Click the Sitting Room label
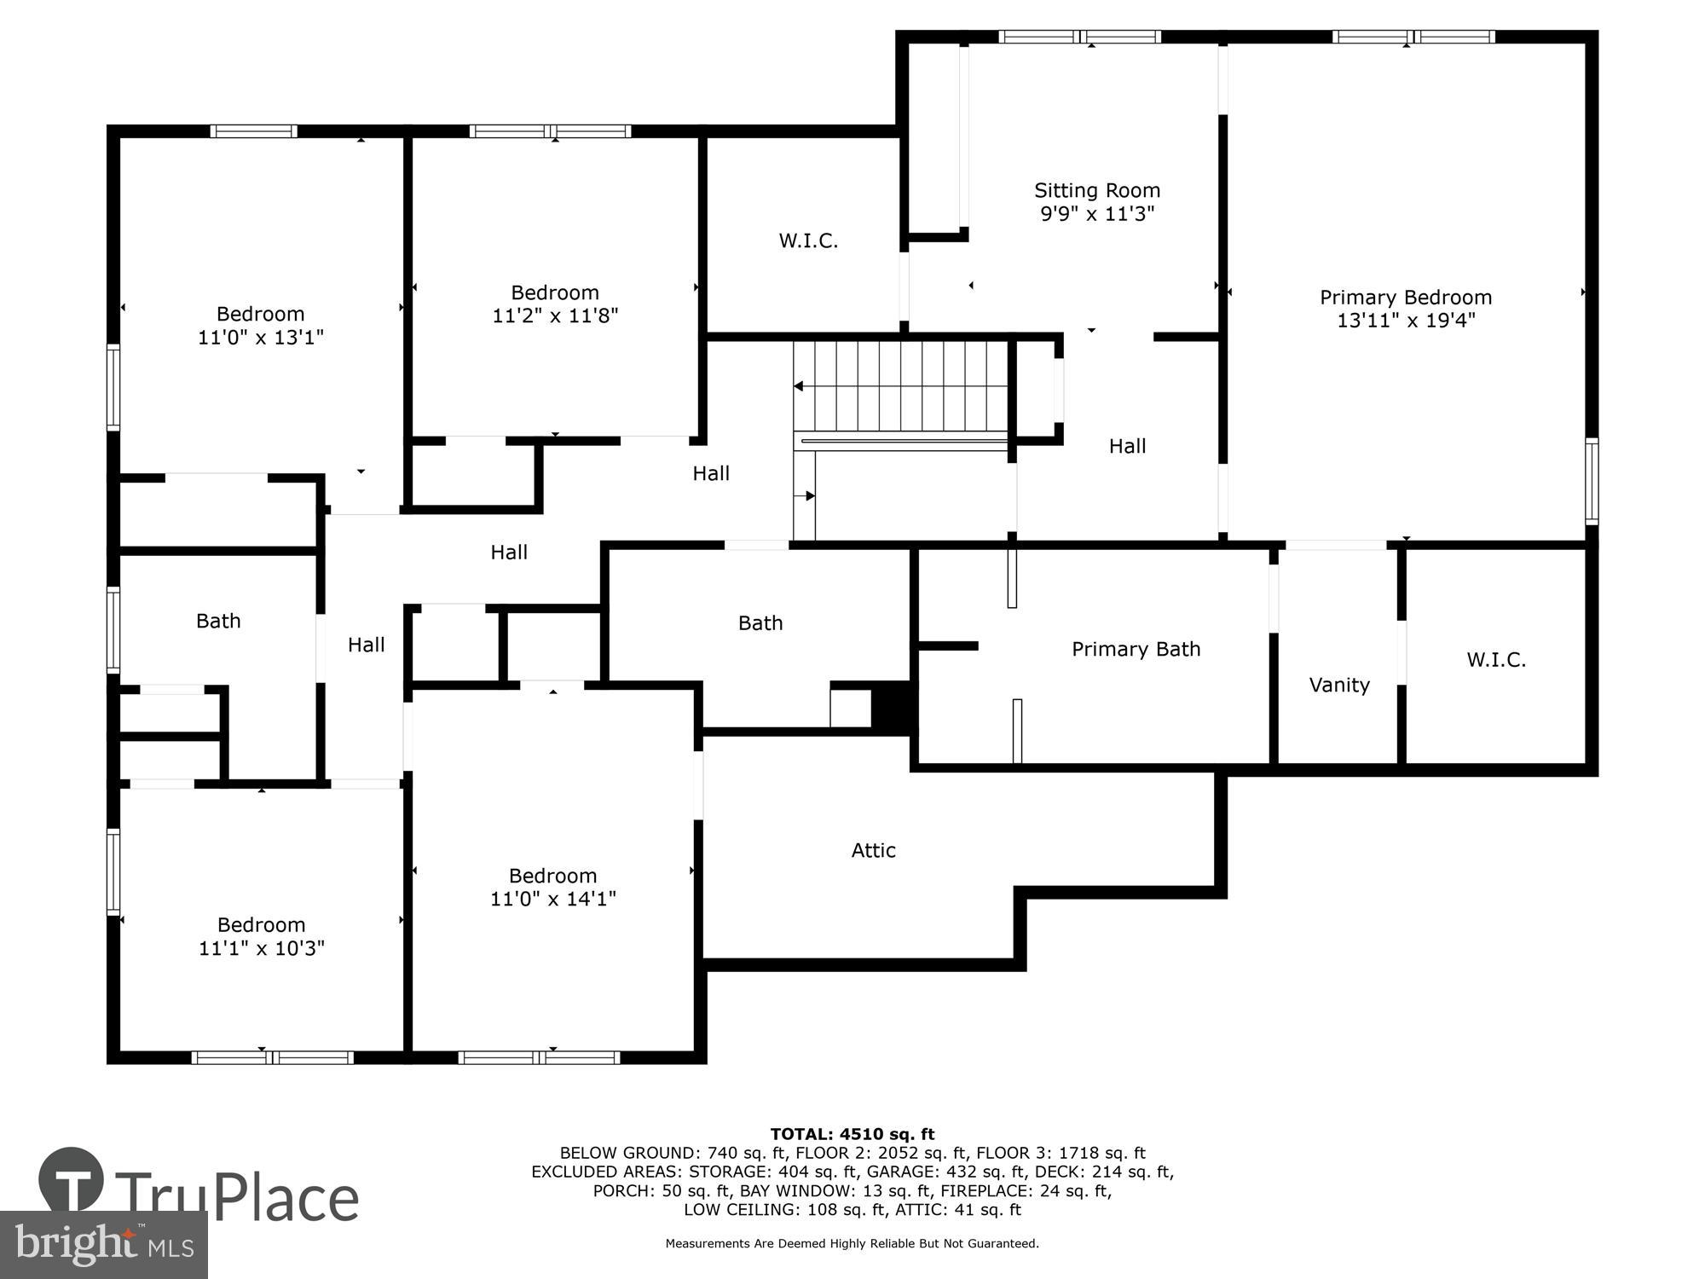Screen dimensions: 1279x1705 coord(1097,190)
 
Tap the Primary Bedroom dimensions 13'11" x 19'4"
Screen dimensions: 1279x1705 coord(1406,321)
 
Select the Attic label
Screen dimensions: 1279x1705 coord(873,850)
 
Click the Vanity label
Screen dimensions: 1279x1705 coord(1339,685)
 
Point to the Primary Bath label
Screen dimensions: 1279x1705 coord(1136,649)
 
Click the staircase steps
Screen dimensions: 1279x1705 coord(902,387)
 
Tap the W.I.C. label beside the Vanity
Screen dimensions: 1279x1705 coord(1496,659)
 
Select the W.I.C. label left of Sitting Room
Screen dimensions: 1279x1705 coord(808,240)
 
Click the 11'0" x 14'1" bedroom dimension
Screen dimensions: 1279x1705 coord(552,899)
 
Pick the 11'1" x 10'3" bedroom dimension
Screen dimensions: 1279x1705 coord(262,948)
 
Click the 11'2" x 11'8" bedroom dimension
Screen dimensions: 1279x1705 coord(555,315)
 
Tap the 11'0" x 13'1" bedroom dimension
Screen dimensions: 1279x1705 coord(261,337)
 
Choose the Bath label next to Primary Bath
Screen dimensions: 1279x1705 coord(760,623)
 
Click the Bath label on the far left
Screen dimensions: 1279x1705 coord(218,621)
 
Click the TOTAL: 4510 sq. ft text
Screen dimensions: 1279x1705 coord(852,1134)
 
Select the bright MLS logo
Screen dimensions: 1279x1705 coord(104,1245)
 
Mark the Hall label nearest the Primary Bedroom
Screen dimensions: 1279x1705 coord(1127,446)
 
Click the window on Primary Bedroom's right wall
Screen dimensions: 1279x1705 coord(1591,481)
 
